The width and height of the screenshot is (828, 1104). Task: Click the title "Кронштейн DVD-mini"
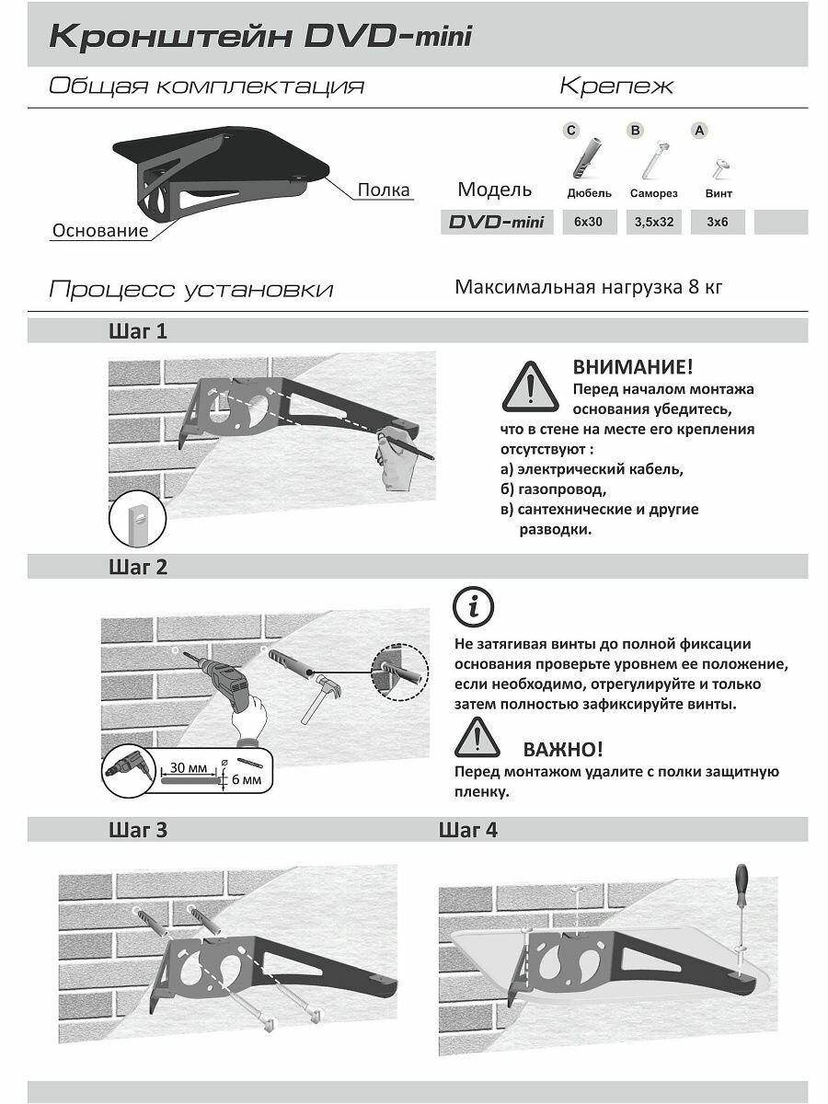click(260, 37)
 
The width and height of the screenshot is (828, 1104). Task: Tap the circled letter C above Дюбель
click(570, 131)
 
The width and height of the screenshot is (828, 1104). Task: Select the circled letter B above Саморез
click(635, 131)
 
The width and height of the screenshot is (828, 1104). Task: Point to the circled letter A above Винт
click(699, 131)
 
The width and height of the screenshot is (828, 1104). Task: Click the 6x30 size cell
click(588, 222)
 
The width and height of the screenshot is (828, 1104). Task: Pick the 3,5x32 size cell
click(654, 222)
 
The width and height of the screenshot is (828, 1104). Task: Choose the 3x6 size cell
click(718, 222)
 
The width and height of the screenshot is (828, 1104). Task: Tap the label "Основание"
click(100, 231)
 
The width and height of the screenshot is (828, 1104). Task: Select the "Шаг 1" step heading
click(138, 331)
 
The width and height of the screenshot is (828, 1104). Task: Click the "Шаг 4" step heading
click(468, 830)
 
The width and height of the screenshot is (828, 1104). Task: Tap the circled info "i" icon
click(475, 607)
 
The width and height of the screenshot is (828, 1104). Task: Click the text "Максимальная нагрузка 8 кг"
click(589, 286)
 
